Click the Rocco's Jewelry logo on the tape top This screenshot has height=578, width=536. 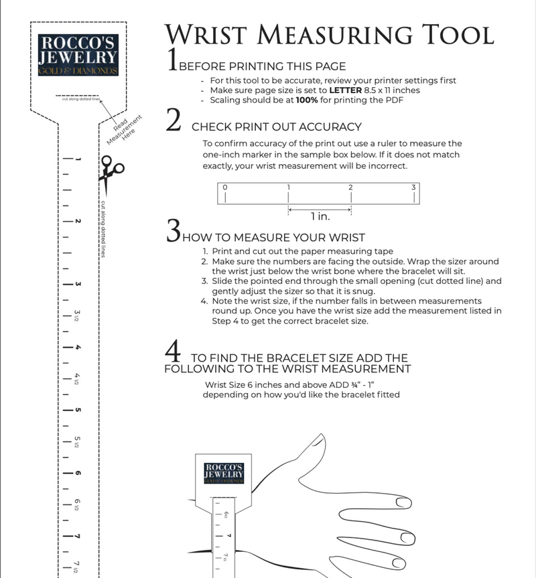(79, 54)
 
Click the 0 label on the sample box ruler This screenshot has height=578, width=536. (225, 187)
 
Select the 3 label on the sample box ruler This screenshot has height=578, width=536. (413, 187)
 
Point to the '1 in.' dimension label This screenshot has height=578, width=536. (320, 216)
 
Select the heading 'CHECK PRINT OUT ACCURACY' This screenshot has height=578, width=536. (277, 127)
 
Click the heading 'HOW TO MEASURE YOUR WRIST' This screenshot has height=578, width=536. (273, 237)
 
